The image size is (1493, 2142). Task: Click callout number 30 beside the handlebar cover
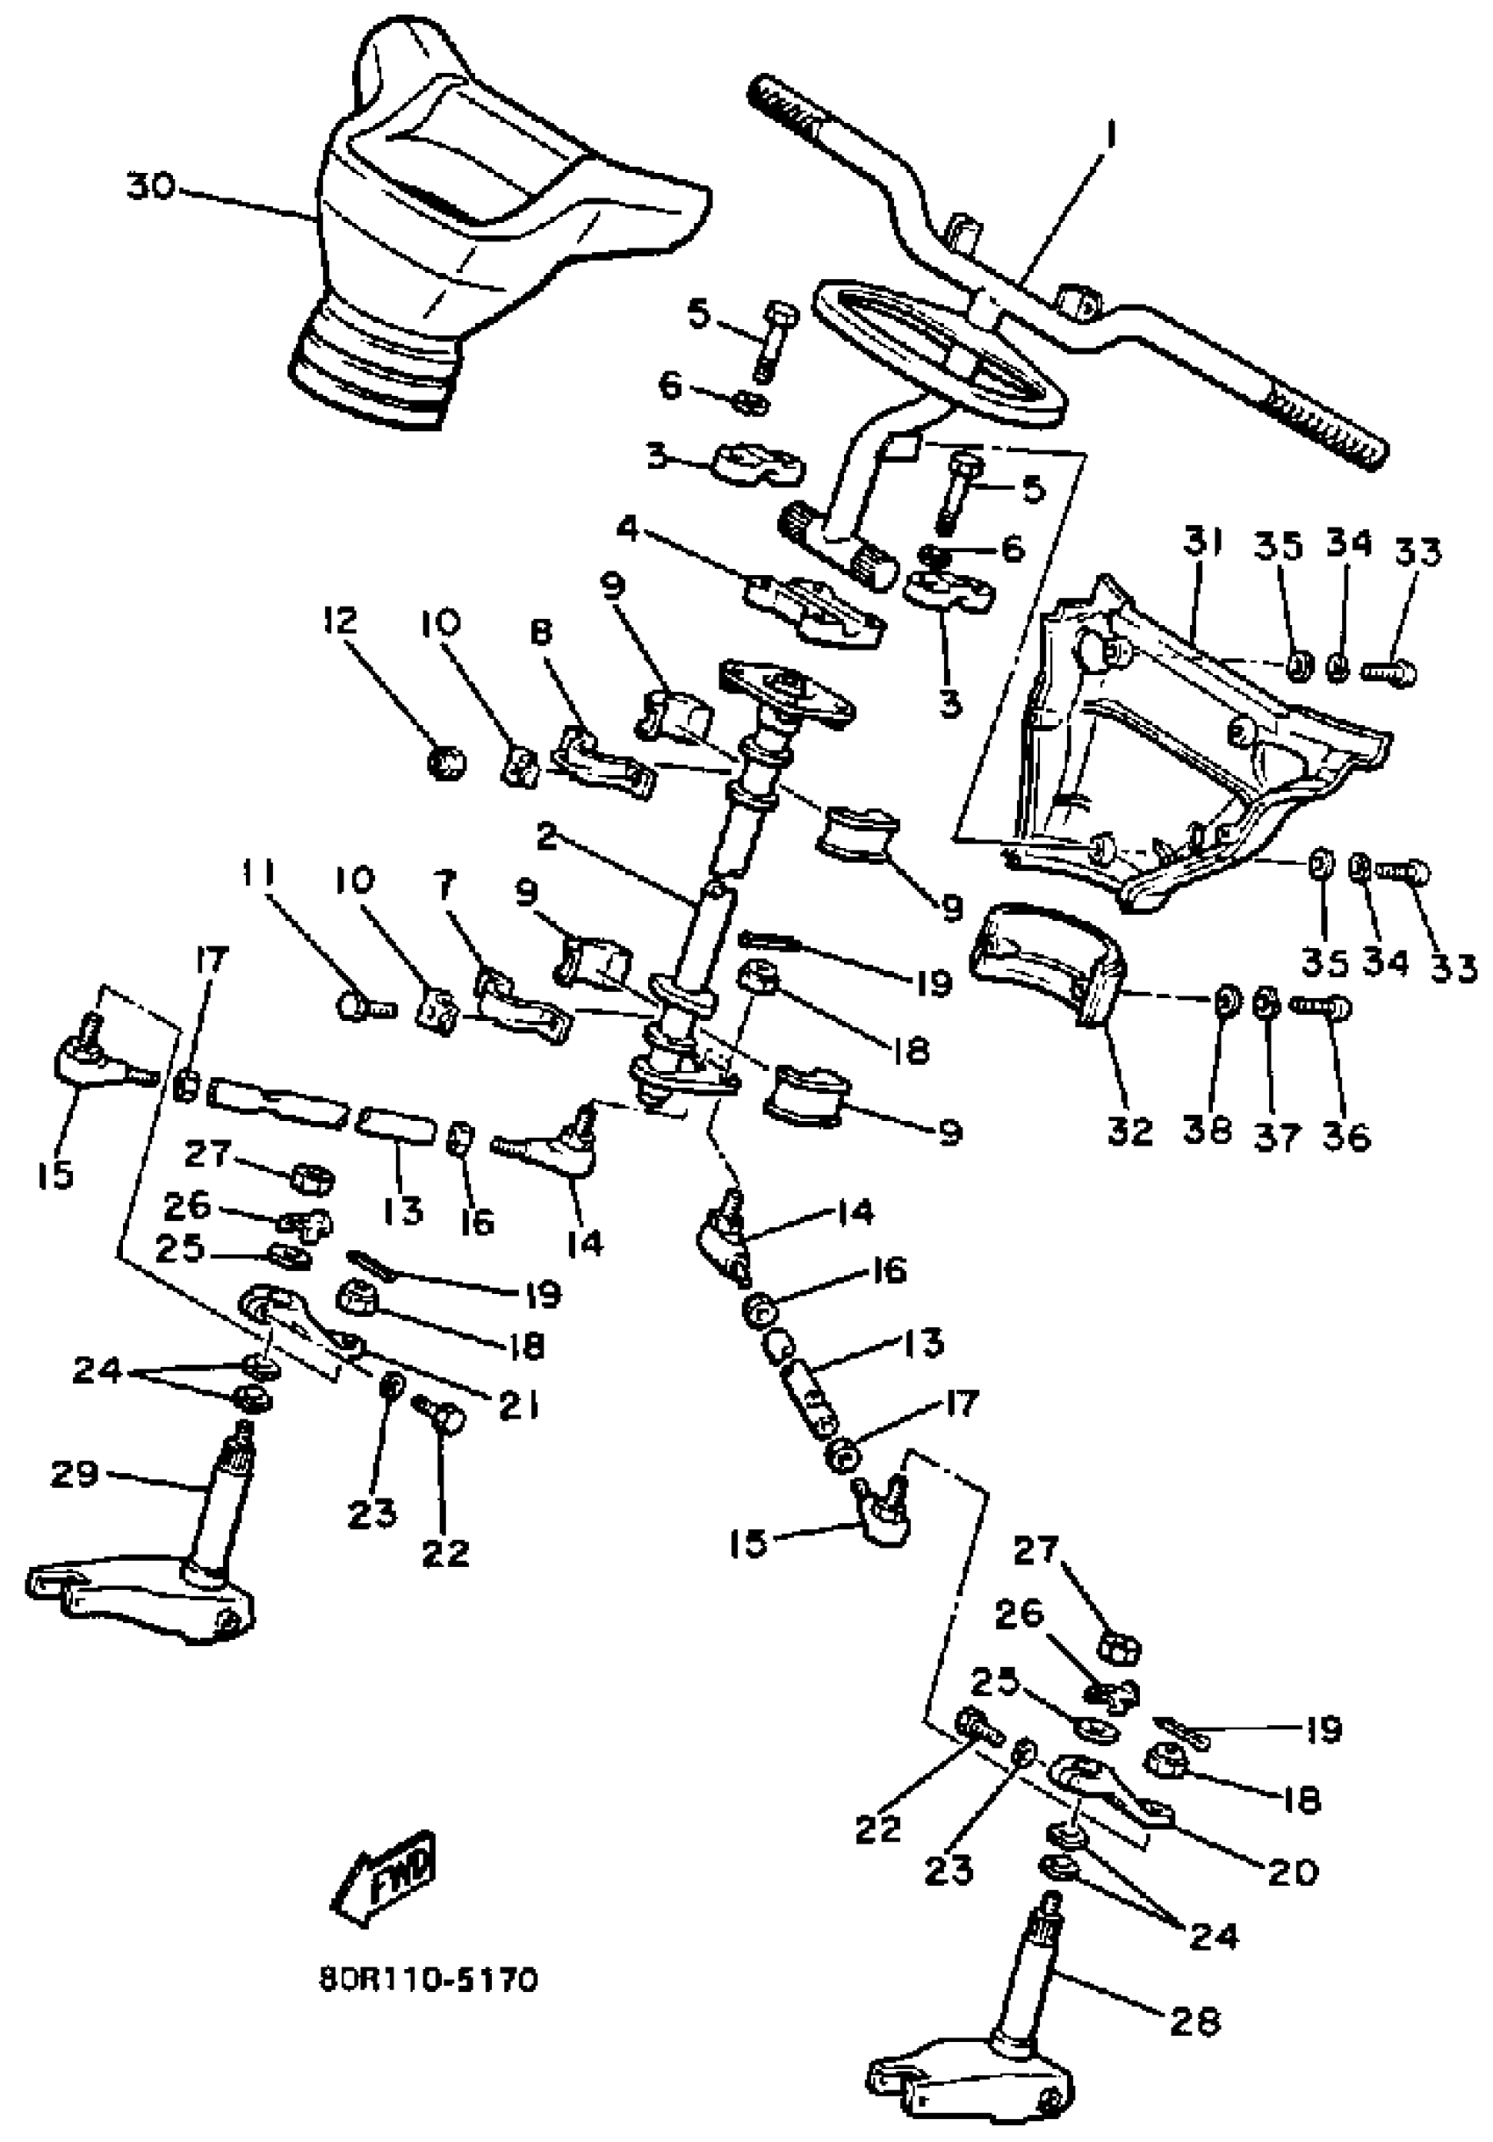click(151, 188)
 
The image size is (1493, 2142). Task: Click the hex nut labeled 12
click(445, 762)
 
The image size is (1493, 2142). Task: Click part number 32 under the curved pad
click(1130, 1131)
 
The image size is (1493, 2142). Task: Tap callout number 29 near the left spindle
click(75, 1475)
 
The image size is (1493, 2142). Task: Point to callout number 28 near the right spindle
click(1194, 2023)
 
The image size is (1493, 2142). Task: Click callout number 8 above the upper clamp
click(540, 634)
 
